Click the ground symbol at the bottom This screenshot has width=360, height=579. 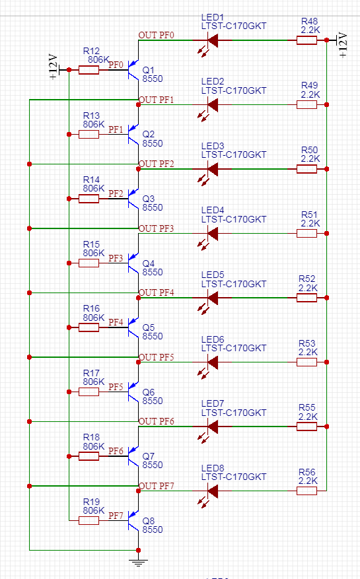138,563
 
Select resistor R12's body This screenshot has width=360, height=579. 89,70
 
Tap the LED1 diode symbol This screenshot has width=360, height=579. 211,40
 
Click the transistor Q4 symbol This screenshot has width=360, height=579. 133,263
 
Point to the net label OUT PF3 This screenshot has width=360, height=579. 156,228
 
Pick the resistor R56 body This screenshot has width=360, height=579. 306,491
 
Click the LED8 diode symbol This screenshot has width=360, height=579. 211,491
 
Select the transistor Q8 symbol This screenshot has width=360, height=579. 133,520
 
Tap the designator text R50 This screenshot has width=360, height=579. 309,150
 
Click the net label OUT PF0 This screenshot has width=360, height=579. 156,35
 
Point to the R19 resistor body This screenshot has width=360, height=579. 89,520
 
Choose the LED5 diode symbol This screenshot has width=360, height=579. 211,298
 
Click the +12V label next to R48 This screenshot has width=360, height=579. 343,45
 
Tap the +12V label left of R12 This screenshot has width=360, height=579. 54,67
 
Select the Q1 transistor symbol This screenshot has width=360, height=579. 133,70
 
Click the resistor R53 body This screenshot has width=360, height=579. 306,362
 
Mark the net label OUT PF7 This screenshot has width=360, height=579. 156,486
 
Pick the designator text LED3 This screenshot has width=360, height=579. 213,146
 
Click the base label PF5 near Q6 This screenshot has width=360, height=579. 116,387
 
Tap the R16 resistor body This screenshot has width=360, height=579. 89,327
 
